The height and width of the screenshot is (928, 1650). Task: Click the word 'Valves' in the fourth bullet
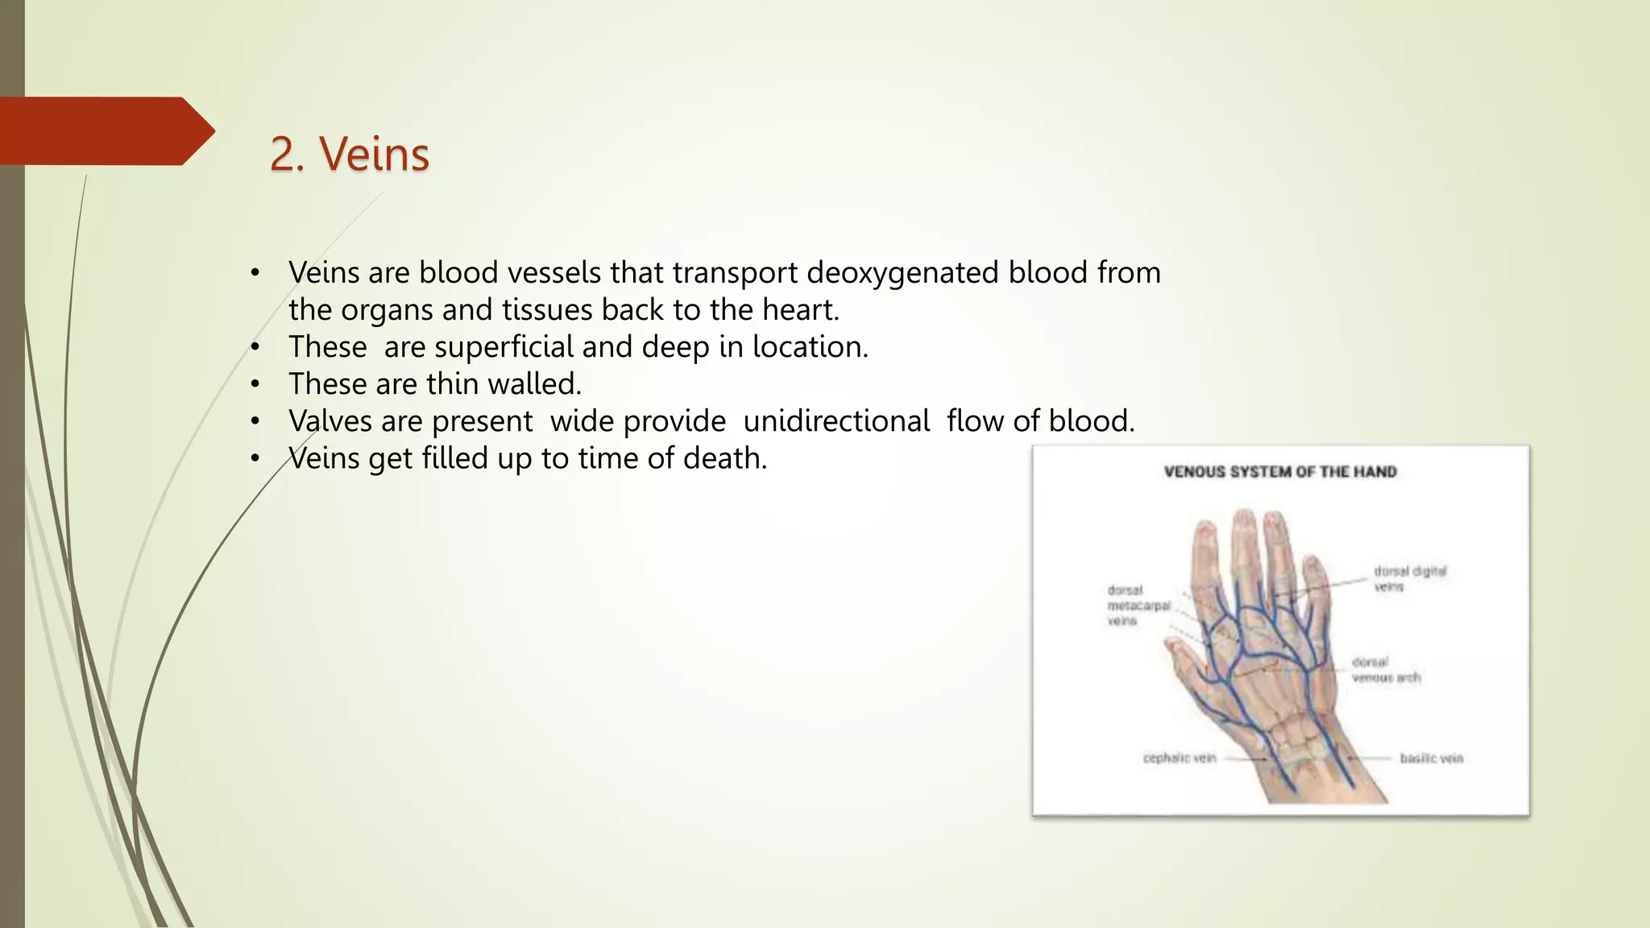(x=330, y=421)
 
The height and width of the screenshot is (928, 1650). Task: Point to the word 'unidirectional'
(x=835, y=421)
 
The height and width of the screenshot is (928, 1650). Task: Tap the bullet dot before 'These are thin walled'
(x=255, y=385)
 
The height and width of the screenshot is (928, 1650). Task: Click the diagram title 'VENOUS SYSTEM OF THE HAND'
(x=1279, y=472)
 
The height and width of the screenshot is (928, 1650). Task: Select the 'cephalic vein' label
(x=1179, y=758)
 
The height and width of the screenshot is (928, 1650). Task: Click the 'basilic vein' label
(x=1431, y=758)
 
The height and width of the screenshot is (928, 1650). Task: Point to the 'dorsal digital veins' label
(x=1409, y=578)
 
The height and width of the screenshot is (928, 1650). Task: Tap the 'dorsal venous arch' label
(x=1385, y=669)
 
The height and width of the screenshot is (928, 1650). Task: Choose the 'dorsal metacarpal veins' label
(x=1137, y=605)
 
